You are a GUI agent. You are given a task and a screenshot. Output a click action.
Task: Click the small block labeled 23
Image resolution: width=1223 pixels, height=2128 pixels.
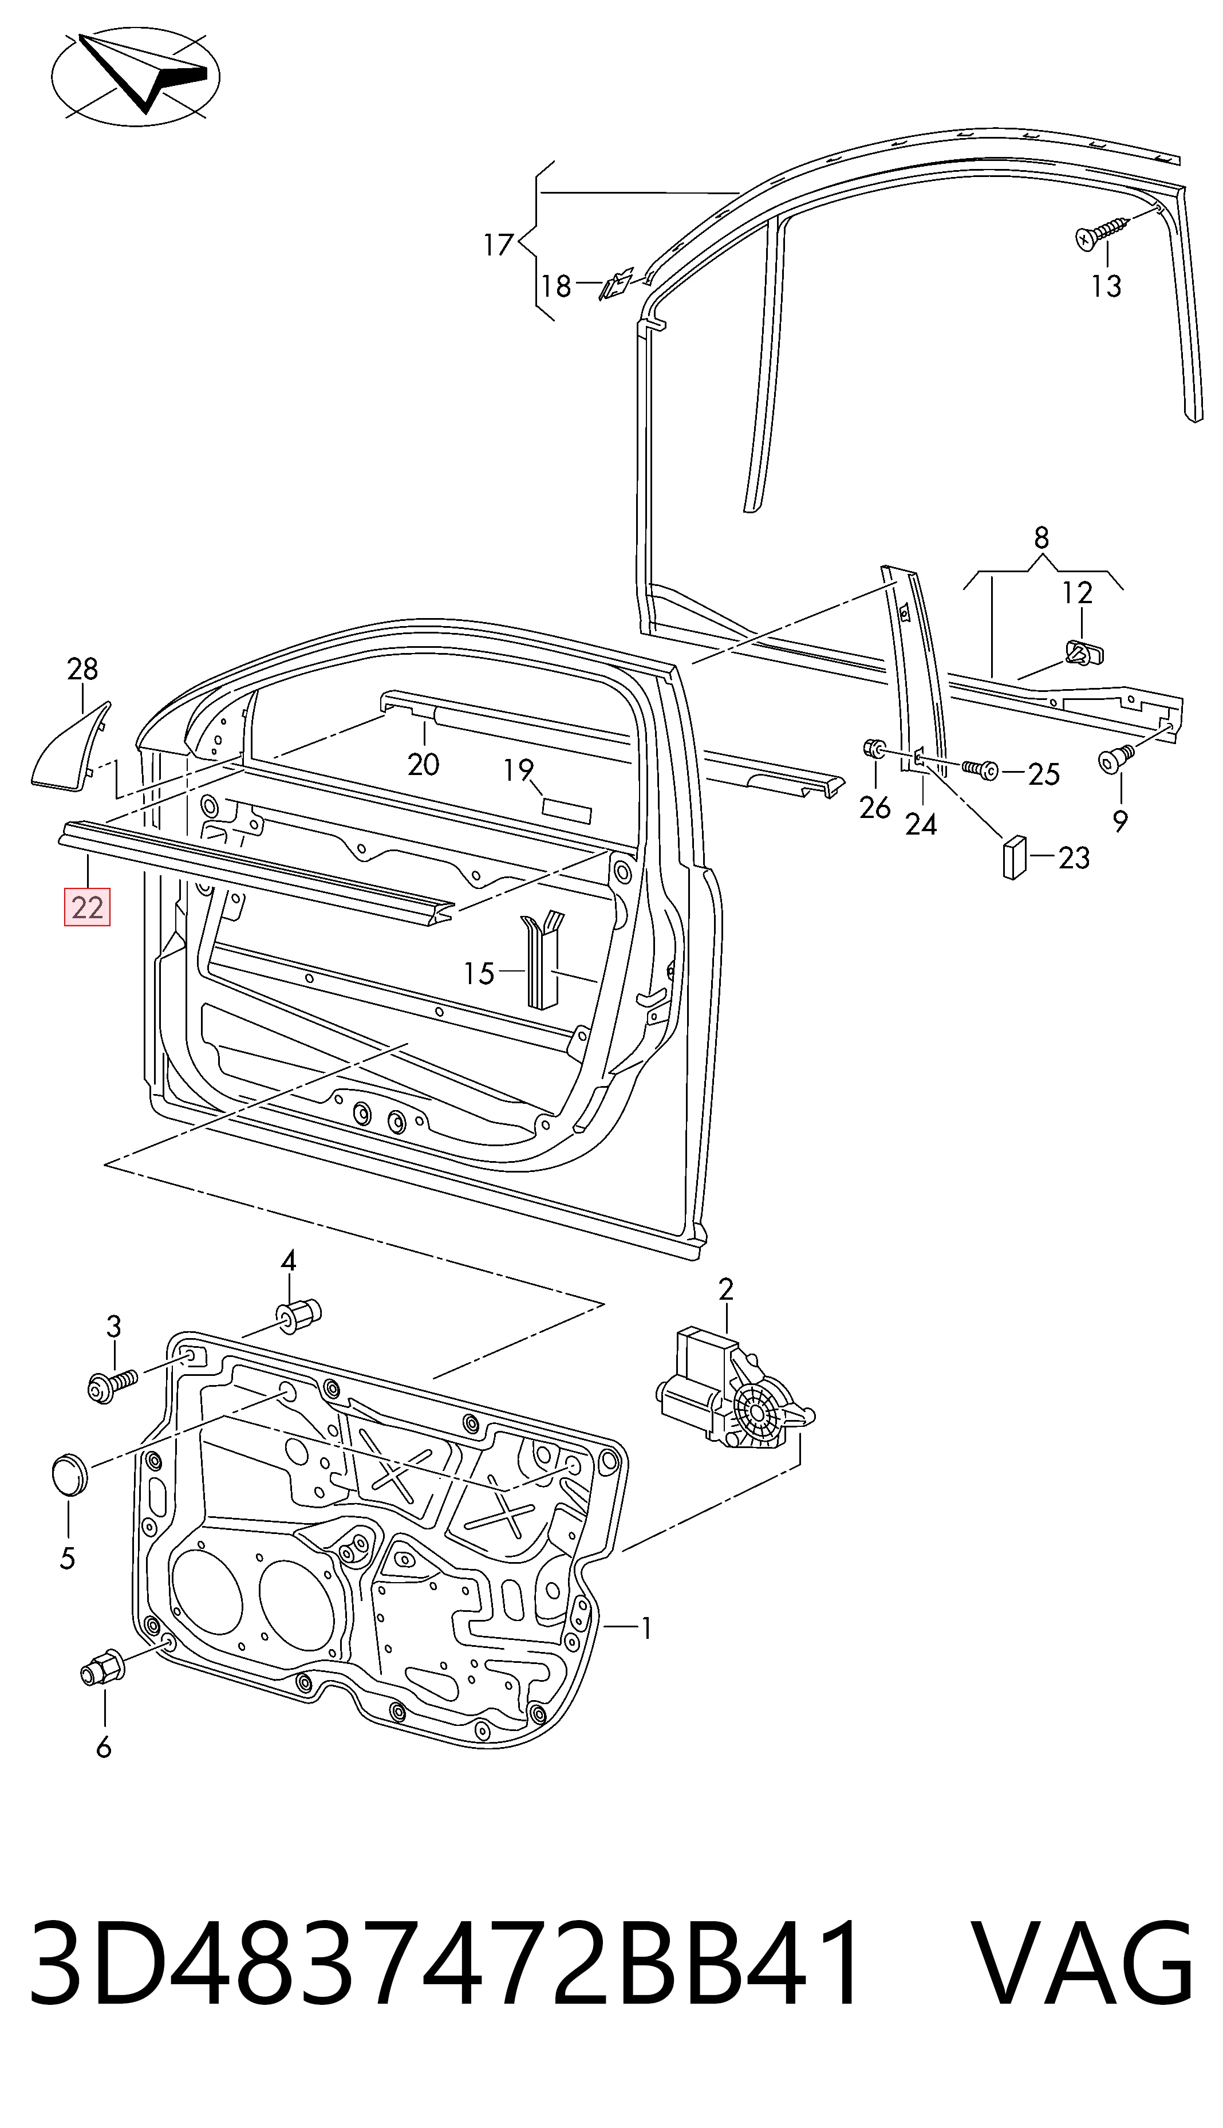pos(1015,857)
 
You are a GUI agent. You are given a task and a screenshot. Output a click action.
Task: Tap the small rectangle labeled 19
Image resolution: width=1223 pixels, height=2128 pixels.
pos(567,812)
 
